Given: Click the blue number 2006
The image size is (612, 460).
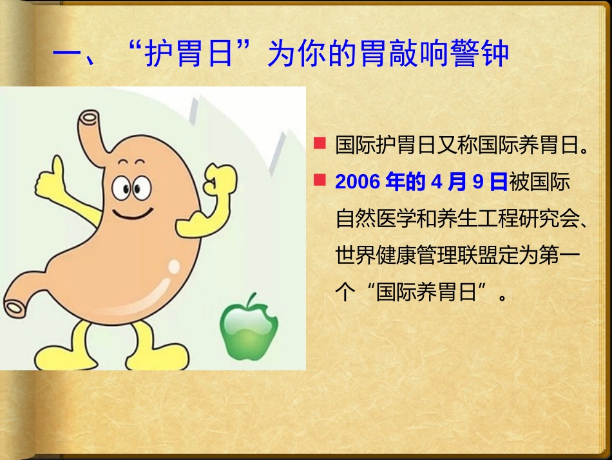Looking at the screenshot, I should click(358, 183).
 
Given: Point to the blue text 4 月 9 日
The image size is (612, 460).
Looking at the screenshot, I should click(470, 183).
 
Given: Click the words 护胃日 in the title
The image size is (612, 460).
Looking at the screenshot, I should click(187, 54).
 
